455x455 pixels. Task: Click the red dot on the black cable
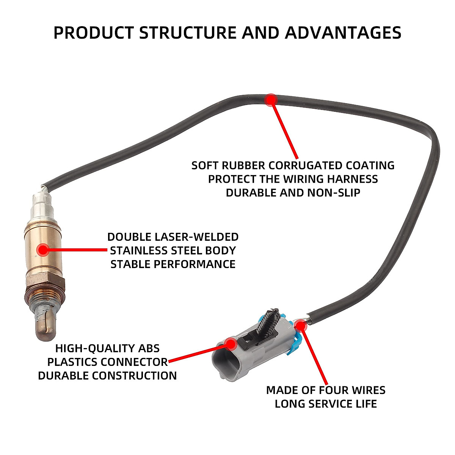(271, 100)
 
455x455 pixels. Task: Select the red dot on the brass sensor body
(43, 250)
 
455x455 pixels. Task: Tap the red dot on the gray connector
(230, 344)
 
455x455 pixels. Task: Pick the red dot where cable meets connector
(300, 325)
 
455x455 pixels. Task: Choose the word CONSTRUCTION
(134, 376)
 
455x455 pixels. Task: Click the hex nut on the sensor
(44, 281)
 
